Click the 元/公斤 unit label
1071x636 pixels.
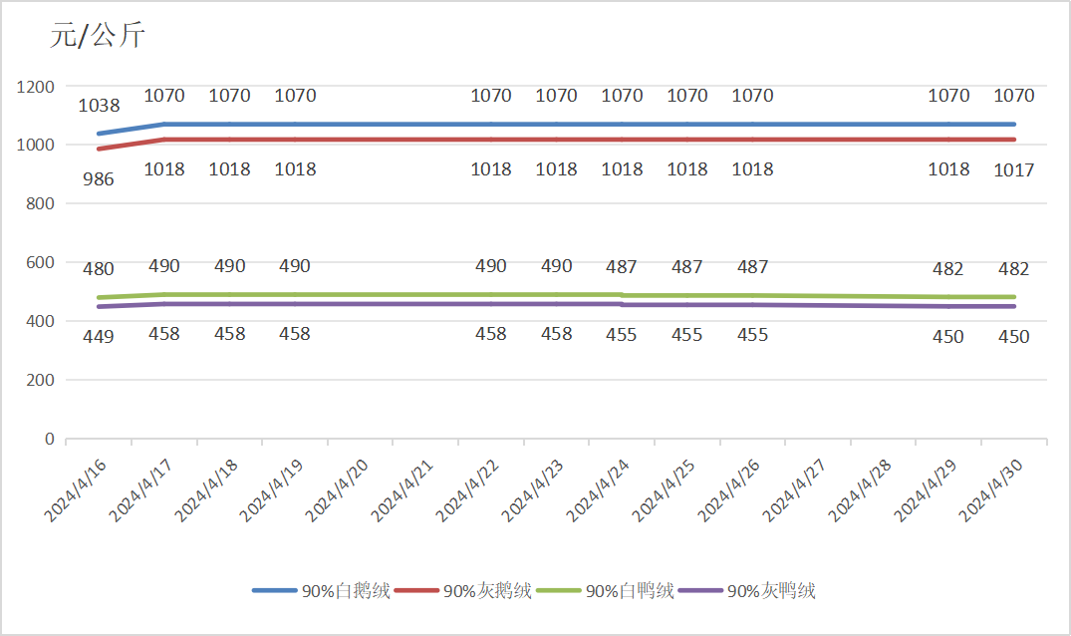[98, 37]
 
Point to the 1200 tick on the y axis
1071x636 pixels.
[36, 87]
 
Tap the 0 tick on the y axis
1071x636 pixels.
[49, 439]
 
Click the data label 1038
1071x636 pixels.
[99, 106]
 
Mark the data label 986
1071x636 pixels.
[99, 180]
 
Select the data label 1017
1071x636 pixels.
[1014, 170]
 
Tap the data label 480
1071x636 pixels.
[99, 269]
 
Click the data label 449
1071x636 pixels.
[99, 337]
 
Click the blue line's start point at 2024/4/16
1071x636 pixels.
[99, 134]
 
